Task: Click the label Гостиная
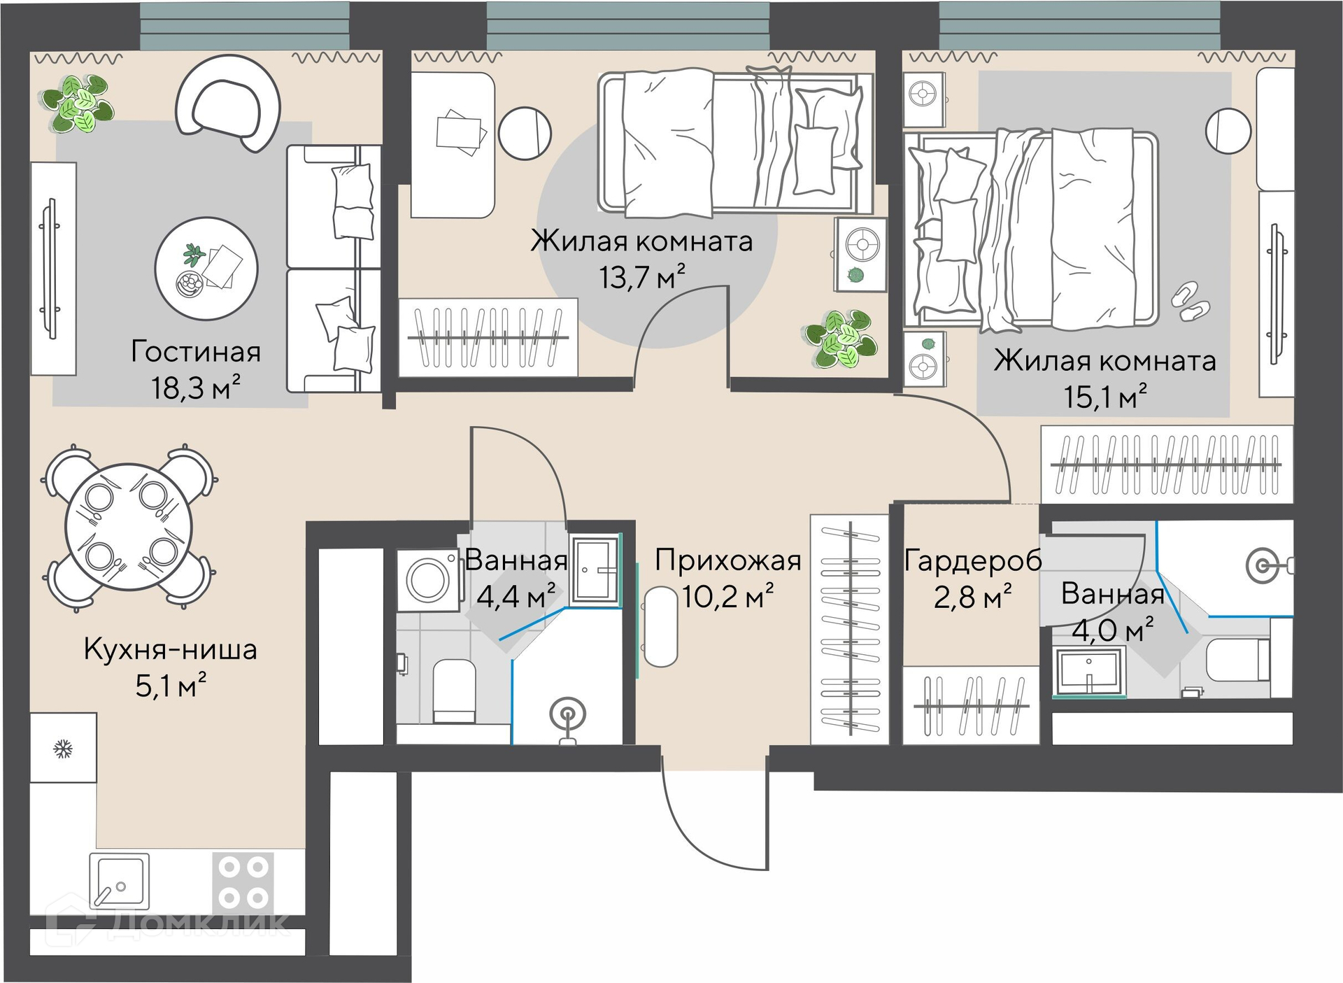coord(196,352)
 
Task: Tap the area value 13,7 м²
coord(641,277)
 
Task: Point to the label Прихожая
coord(728,561)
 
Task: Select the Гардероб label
coord(973,561)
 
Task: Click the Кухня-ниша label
coord(171,649)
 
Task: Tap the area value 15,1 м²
coord(1105,397)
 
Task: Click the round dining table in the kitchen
coord(129,528)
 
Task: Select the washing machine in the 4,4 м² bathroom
coord(428,580)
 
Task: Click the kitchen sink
coord(120,882)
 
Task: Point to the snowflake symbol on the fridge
coord(63,750)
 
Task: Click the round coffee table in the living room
coord(206,269)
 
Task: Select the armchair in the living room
coord(228,103)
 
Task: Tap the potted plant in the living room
coord(76,104)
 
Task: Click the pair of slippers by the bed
coord(1191,302)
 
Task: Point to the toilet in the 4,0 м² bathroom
coord(1238,659)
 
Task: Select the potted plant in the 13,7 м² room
coord(841,340)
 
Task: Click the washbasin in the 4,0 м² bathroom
coord(1090,670)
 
